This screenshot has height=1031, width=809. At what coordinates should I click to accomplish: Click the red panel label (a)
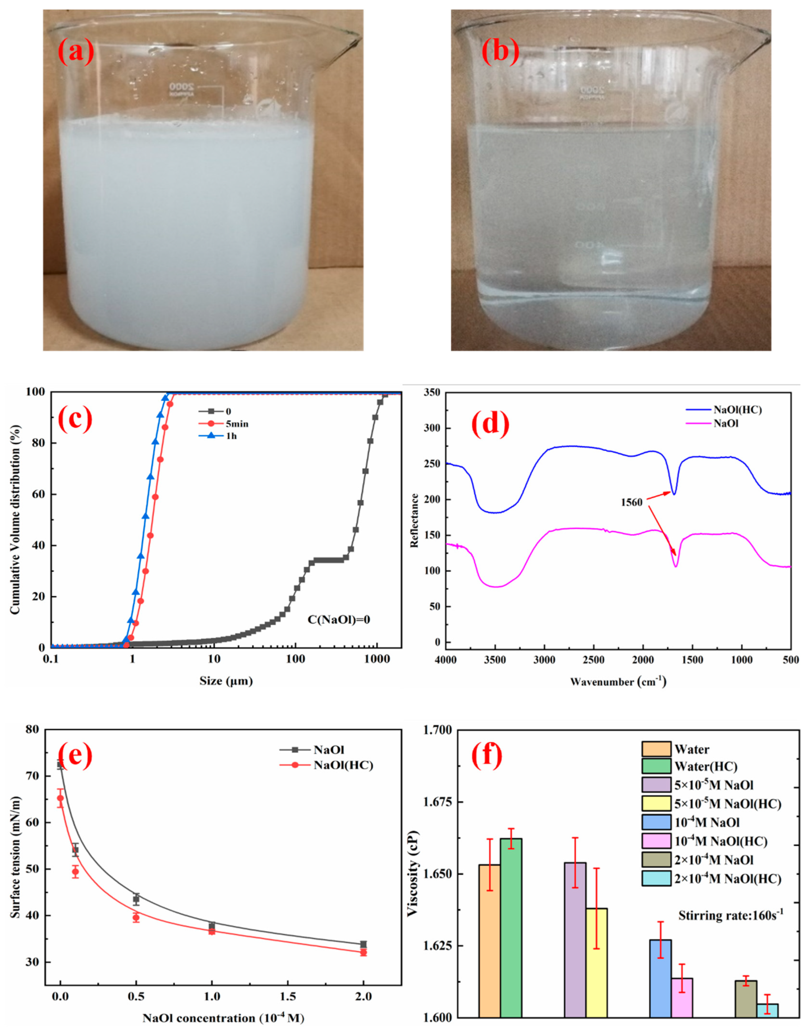point(76,52)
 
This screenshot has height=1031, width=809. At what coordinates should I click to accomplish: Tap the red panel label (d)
point(490,423)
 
